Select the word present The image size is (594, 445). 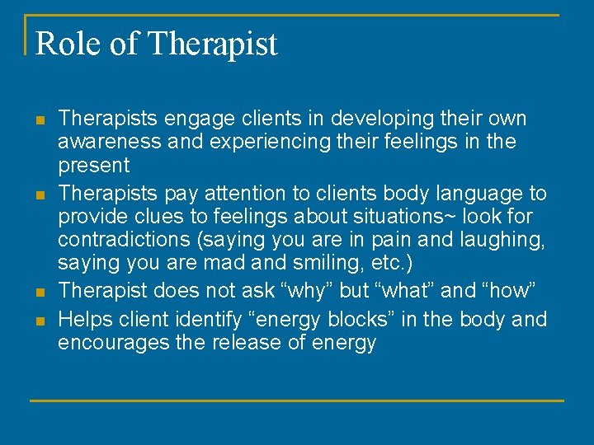pyautogui.click(x=93, y=166)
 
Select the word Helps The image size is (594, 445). pyautogui.click(x=84, y=319)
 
